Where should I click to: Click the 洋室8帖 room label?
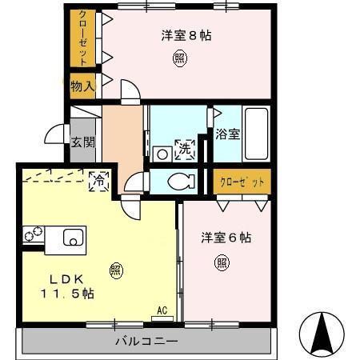186,35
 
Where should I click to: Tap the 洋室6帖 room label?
226,238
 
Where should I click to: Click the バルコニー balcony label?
144,341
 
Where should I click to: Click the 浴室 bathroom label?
227,134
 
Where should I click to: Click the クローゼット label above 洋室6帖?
242,182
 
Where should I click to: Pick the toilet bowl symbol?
178,181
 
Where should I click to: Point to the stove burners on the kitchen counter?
33,236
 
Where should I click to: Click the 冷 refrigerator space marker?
100,180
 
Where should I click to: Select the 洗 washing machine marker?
185,148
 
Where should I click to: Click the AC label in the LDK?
162,310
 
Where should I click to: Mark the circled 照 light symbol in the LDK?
116,270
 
